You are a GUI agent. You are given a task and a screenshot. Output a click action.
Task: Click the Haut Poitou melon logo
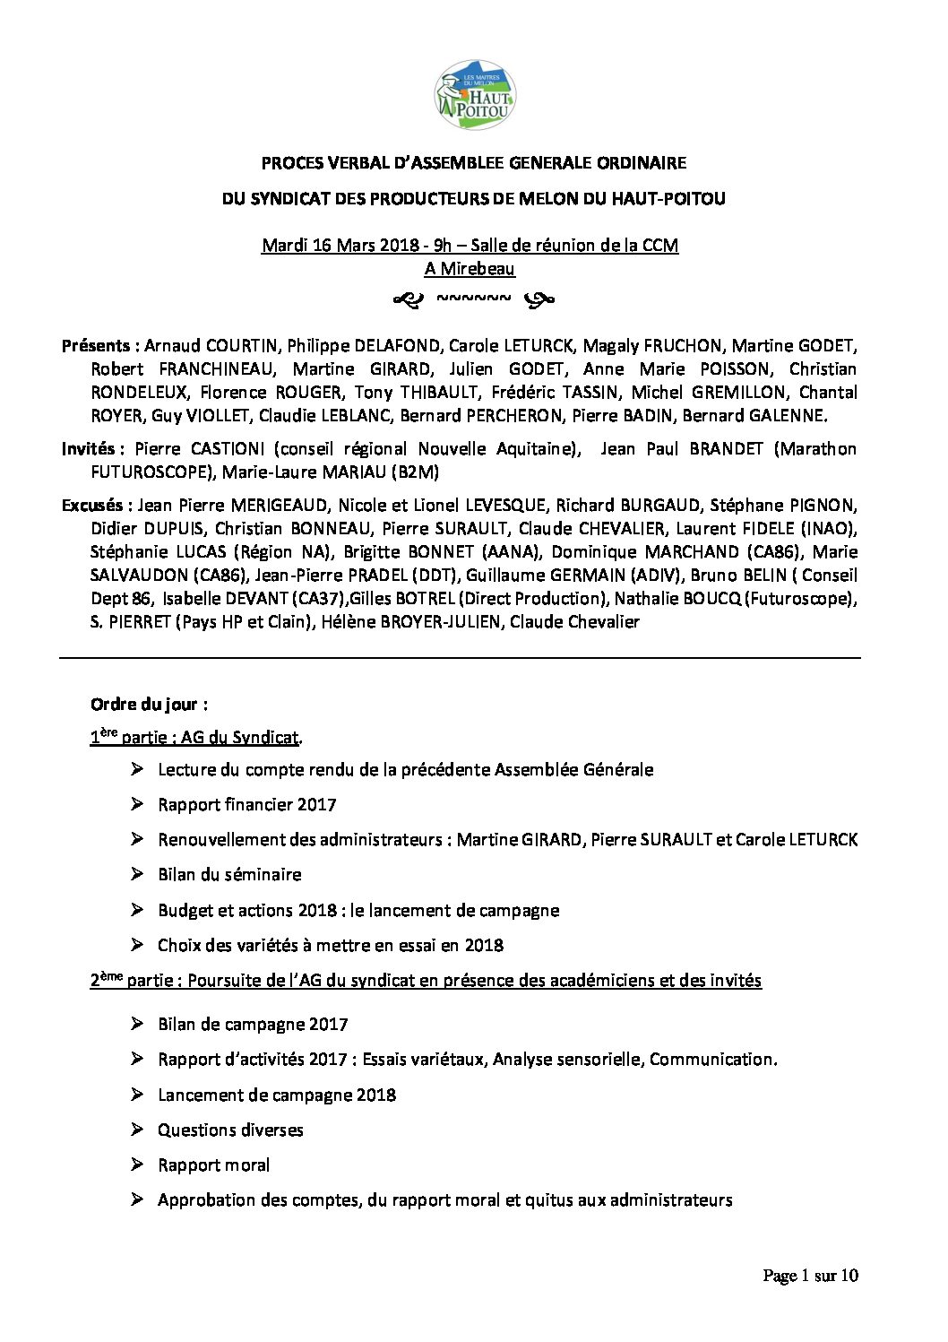tap(474, 96)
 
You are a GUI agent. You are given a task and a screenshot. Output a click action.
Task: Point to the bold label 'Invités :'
tap(94, 449)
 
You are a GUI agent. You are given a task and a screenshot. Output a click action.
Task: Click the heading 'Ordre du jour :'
tap(150, 705)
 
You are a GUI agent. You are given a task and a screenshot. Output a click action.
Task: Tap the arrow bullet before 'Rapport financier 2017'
tap(137, 804)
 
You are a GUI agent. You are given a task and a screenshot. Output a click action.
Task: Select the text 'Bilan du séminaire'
tap(229, 875)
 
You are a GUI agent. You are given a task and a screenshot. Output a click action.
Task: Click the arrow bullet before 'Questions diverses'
tap(137, 1130)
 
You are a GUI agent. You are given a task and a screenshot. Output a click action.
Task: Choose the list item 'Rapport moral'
tap(213, 1165)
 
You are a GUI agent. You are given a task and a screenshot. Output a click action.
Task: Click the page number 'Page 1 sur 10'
tap(810, 1276)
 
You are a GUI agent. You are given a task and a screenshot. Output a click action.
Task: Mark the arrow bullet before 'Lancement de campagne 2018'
tap(137, 1095)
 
